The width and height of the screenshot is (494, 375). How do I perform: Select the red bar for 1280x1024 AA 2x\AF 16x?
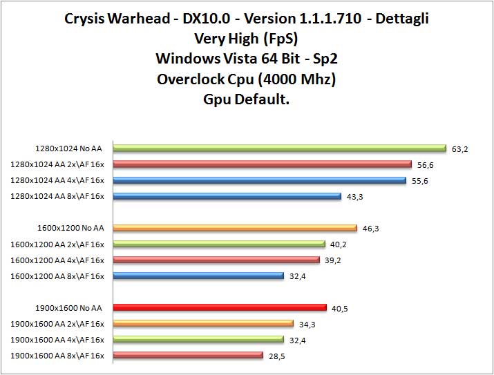(262, 164)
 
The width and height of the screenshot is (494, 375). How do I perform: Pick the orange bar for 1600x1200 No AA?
(235, 228)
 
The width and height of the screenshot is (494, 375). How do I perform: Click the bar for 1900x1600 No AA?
(219, 307)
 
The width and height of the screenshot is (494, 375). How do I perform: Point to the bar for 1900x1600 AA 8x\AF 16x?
(188, 355)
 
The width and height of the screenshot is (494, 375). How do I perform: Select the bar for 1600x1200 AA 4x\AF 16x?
(216, 260)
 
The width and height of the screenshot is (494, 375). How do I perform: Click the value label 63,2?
(460, 148)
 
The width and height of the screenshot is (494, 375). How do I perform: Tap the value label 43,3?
(355, 197)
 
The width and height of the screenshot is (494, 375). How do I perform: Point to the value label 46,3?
(371, 229)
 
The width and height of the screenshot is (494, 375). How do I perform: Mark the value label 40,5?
(340, 308)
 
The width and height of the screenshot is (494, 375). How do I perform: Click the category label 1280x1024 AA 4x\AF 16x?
(57, 180)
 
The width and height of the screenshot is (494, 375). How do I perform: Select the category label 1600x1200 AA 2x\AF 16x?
(57, 244)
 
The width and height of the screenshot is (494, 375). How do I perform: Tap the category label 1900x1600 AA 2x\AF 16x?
(57, 323)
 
